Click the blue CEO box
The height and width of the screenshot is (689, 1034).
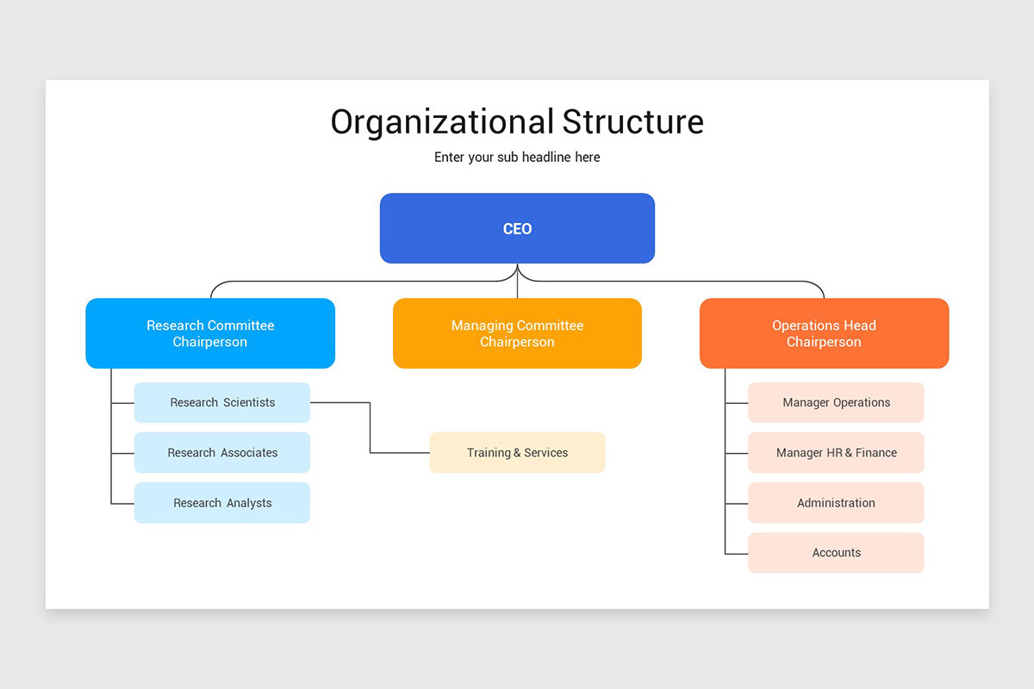point(517,228)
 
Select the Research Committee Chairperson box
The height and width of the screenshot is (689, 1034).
point(210,333)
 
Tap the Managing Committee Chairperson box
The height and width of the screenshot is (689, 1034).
point(517,333)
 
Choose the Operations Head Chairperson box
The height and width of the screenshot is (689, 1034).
point(824,333)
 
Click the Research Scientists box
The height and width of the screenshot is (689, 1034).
point(222,402)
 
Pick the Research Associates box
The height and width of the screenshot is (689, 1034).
point(222,452)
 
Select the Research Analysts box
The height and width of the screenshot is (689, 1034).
point(222,503)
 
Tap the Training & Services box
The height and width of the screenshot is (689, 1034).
point(517,452)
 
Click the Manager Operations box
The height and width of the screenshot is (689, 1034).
point(836,402)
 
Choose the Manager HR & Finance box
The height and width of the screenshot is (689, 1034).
point(836,452)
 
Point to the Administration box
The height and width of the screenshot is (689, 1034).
point(836,503)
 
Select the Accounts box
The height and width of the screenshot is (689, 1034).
point(836,553)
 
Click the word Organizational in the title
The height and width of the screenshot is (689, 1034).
point(442,121)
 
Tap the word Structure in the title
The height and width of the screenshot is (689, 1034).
point(633,121)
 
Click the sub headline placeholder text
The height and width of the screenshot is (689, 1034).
point(517,157)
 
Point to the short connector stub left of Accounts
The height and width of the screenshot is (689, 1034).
point(737,553)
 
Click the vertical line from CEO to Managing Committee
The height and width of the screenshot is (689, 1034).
point(517,284)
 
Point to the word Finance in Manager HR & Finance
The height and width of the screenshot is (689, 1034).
point(875,452)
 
